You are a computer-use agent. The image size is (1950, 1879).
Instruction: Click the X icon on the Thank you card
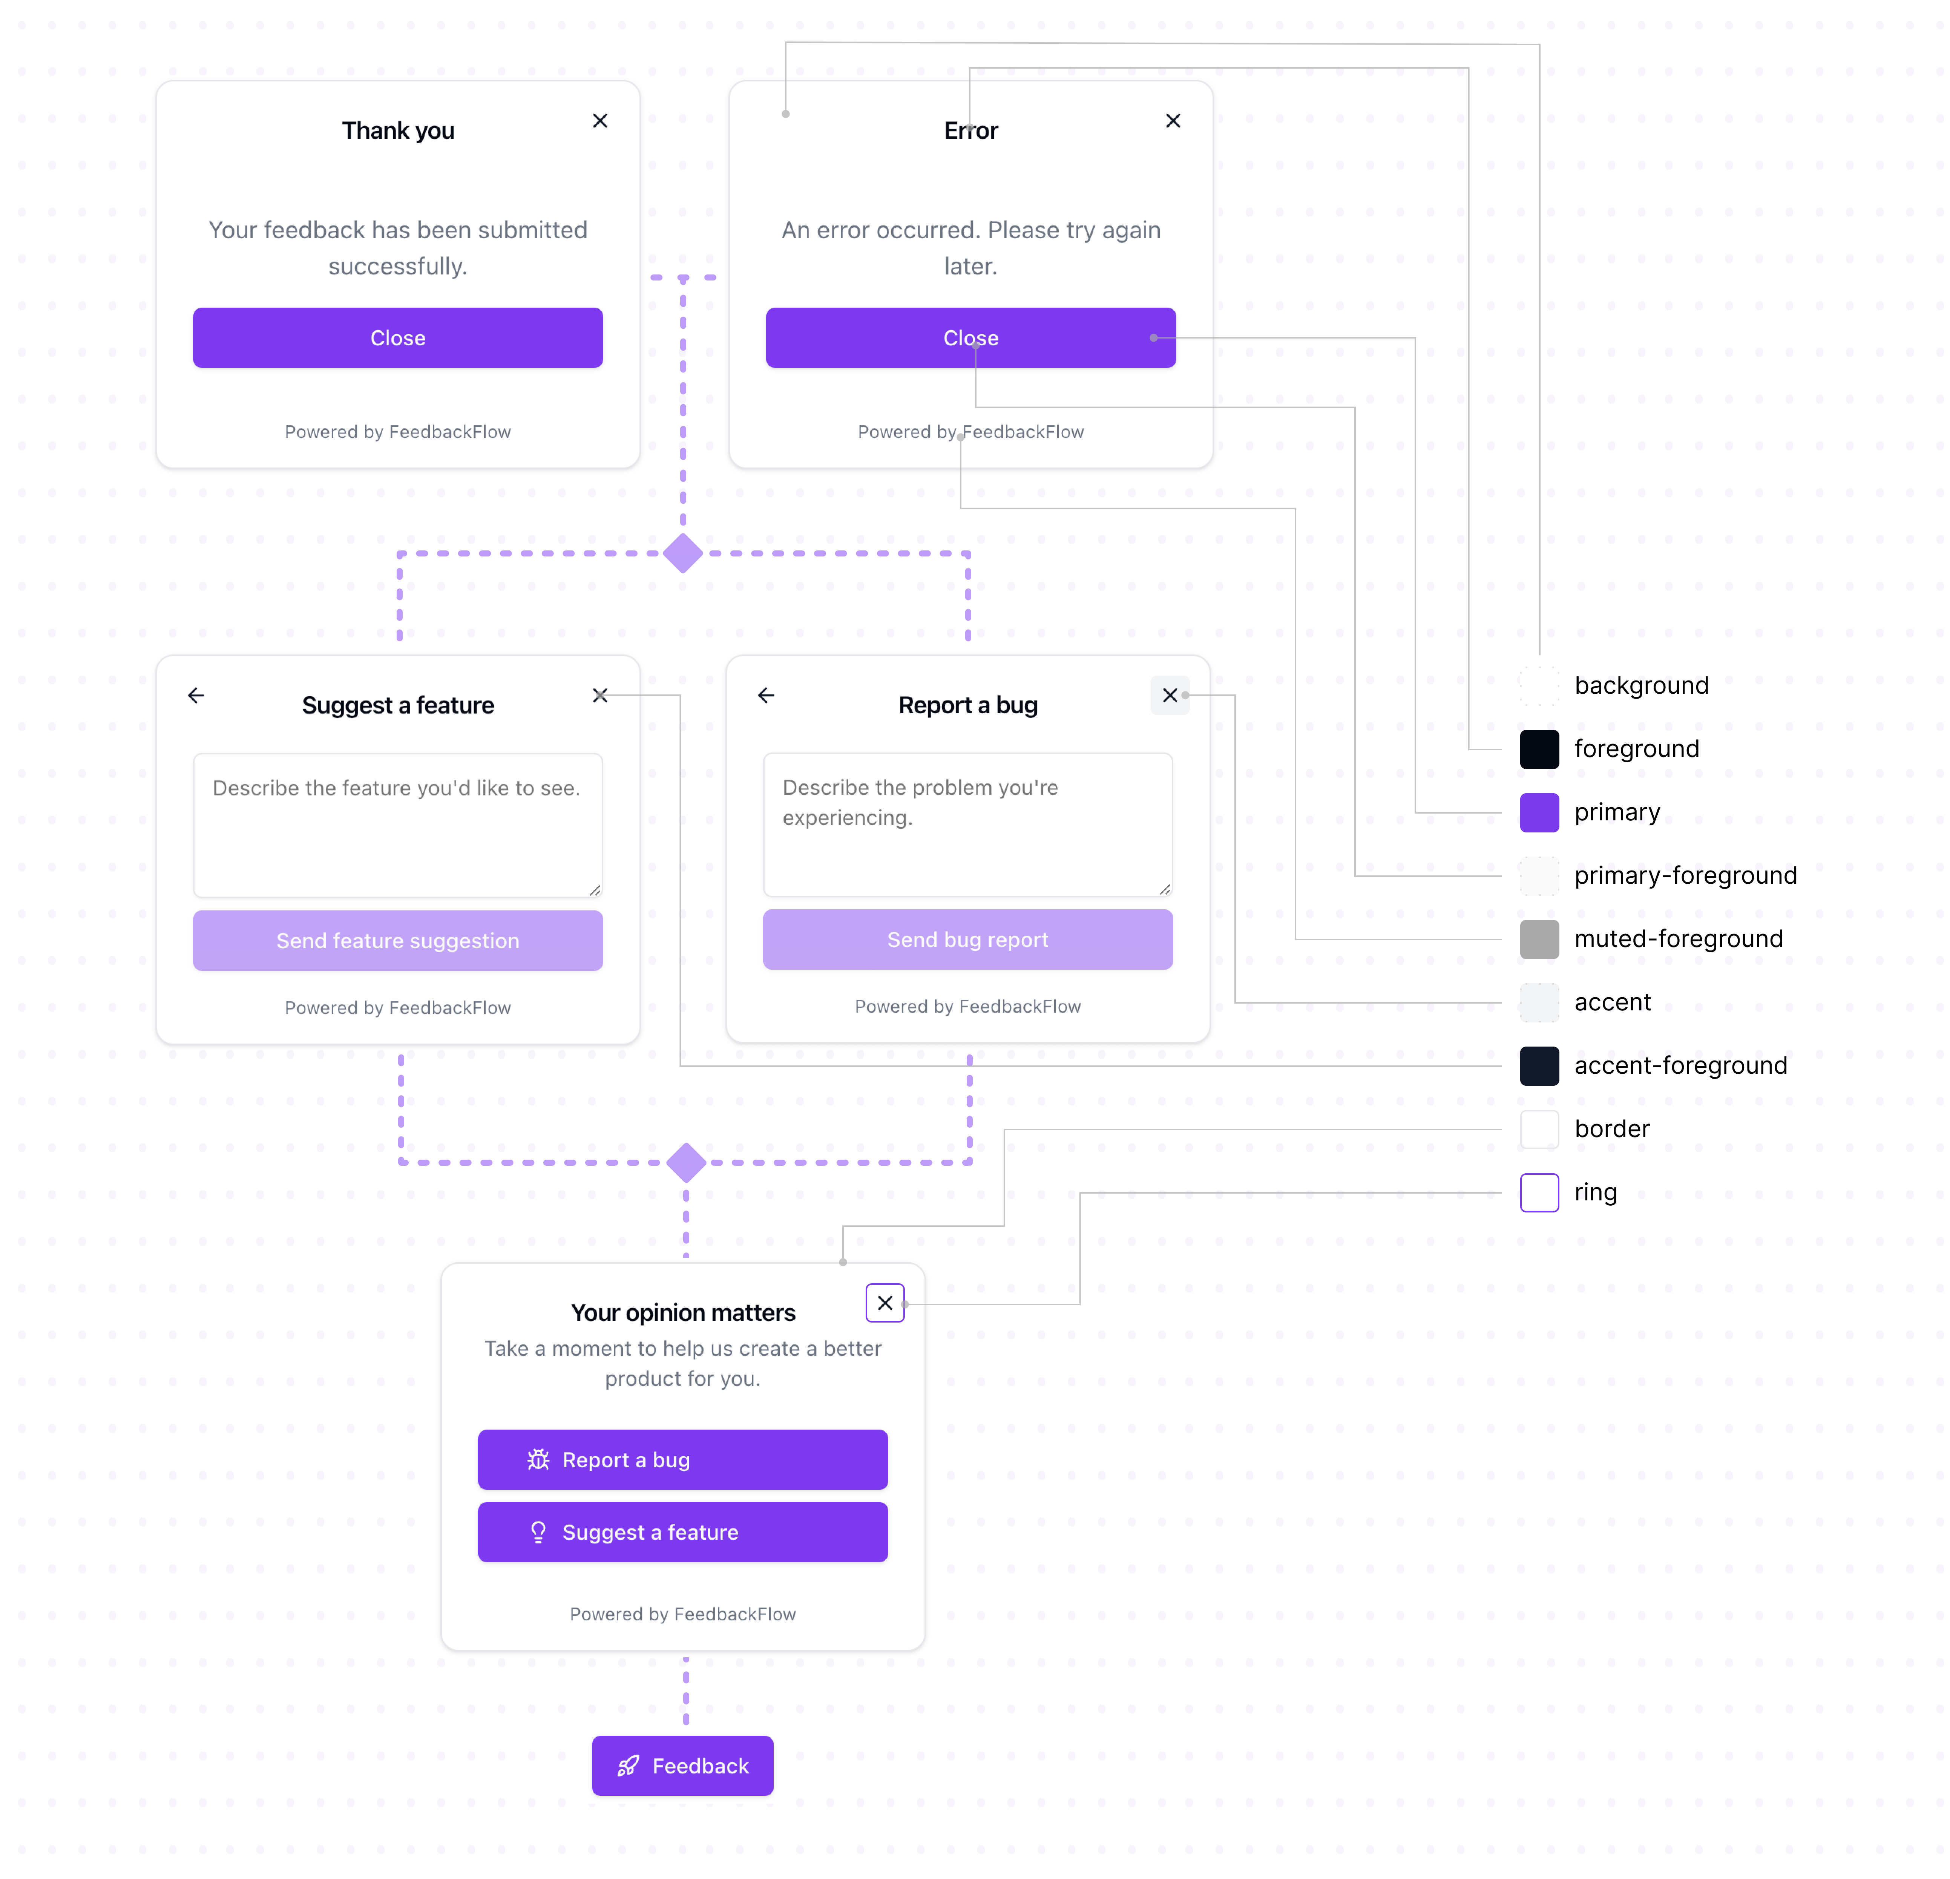point(600,120)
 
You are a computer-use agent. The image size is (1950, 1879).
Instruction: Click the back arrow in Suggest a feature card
point(196,695)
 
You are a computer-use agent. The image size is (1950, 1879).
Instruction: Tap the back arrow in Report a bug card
point(765,695)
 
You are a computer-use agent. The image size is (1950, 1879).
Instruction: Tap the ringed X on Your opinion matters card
point(885,1303)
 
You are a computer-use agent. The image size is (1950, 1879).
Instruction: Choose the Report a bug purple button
point(682,1459)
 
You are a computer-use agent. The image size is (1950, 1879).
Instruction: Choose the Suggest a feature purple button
point(682,1532)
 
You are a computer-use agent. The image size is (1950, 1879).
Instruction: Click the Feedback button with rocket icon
point(682,1766)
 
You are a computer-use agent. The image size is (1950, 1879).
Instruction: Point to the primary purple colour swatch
point(1539,813)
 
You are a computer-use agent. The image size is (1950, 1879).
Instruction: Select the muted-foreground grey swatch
point(1539,939)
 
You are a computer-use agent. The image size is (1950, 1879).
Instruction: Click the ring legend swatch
point(1539,1192)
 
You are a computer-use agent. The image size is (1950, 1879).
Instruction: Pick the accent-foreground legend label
point(1680,1065)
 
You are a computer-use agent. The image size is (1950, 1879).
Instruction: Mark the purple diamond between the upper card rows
point(682,553)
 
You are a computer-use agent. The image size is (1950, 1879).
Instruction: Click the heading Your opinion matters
point(682,1313)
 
